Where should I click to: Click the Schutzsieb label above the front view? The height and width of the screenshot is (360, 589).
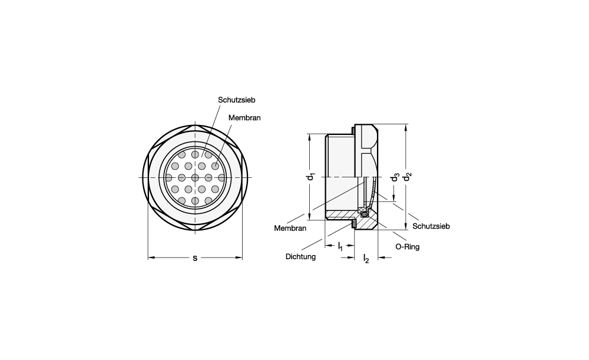[237, 100]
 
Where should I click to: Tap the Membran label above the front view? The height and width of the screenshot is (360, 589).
[244, 118]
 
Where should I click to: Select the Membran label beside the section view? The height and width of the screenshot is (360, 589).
[290, 228]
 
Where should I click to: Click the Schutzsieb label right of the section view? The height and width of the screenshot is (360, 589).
[431, 226]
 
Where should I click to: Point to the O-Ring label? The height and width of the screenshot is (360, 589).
[407, 247]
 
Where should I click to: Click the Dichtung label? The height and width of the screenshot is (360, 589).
[300, 257]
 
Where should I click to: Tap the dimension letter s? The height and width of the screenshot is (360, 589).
[195, 258]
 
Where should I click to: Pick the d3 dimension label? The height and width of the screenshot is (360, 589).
[395, 177]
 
